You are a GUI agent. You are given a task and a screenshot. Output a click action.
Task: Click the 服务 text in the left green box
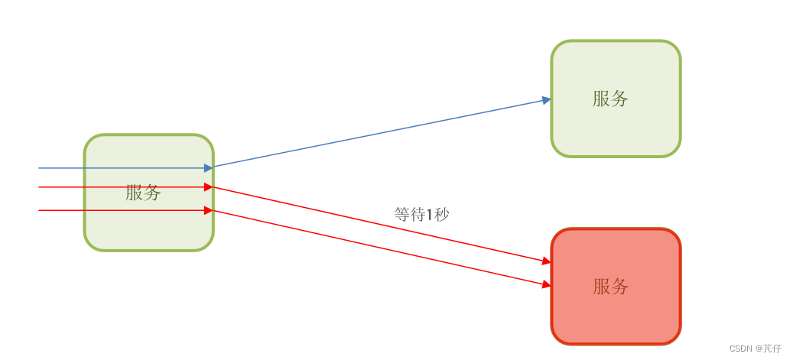[x=143, y=193]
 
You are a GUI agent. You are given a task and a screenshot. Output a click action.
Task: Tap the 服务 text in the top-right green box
[x=610, y=99]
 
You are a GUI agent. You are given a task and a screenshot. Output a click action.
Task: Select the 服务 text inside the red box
[x=610, y=287]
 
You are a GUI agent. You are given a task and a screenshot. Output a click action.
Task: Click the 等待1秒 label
[x=421, y=215]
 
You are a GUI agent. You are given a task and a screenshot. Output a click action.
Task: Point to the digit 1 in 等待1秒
[x=430, y=215]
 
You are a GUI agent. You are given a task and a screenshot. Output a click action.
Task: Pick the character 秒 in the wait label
[x=442, y=215]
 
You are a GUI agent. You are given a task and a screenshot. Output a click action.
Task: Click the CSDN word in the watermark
[x=740, y=349]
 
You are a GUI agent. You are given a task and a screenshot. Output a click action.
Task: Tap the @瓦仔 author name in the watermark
[x=768, y=349]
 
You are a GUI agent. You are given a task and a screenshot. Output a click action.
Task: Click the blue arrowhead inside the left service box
[x=208, y=168]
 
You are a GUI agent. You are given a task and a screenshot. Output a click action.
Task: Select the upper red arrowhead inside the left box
[x=208, y=187]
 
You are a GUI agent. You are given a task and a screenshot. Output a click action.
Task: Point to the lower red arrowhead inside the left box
[x=208, y=210]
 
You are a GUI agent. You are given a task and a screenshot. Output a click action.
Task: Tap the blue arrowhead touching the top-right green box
[x=546, y=100]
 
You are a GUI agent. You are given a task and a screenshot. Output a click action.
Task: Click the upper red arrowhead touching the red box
[x=546, y=261]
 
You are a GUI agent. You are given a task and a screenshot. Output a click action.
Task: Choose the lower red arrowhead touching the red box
[x=546, y=284]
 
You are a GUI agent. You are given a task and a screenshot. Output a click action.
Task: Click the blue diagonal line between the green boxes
[x=382, y=133]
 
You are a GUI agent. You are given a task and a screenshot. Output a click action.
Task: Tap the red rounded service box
[x=616, y=321]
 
